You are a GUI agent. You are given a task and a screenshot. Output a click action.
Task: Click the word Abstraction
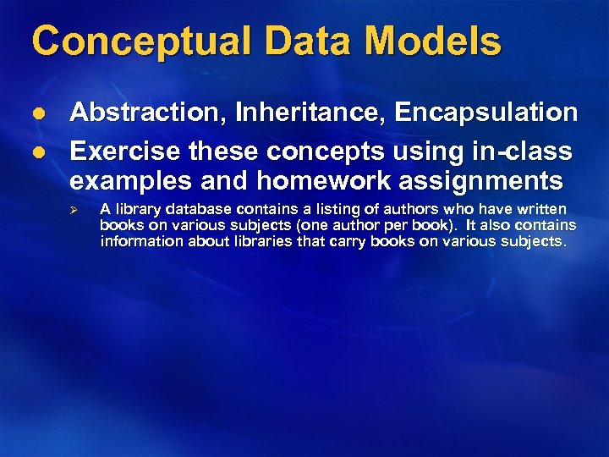tap(145, 113)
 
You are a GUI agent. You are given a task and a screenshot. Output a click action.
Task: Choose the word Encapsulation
tap(481, 113)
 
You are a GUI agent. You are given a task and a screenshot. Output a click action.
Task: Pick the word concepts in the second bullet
tap(310, 151)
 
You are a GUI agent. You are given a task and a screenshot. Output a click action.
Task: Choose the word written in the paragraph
tap(540, 209)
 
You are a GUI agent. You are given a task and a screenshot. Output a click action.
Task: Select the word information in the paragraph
tap(142, 241)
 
